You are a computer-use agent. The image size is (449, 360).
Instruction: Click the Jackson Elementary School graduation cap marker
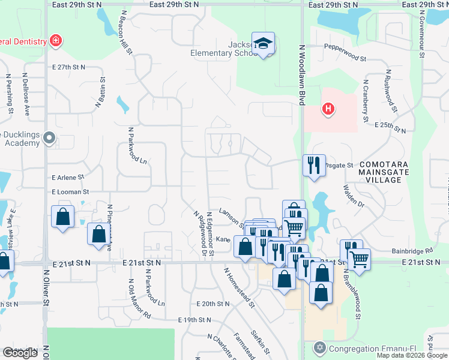[263, 43]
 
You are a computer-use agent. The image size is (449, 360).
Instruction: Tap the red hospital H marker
[328, 109]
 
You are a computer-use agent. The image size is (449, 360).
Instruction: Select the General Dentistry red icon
[56, 41]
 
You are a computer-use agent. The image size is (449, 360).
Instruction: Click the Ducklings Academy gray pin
[49, 139]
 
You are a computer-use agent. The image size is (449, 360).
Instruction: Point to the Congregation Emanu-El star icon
[320, 348]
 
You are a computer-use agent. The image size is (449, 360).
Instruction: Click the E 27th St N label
[68, 67]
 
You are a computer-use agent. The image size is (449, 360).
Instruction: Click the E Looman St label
[70, 192]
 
